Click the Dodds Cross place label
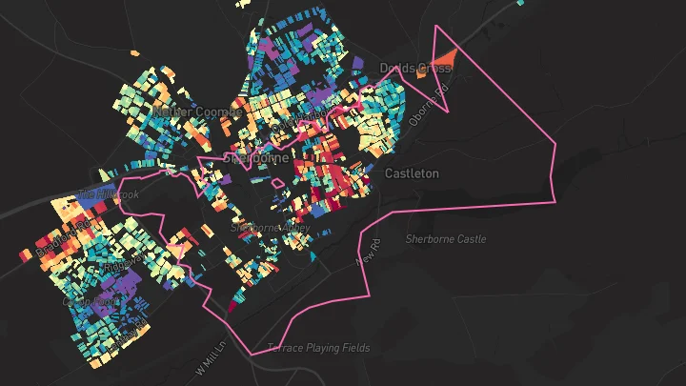click(x=414, y=69)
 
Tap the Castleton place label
click(x=412, y=173)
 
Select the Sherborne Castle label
click(x=445, y=238)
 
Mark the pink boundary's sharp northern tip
click(x=435, y=27)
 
